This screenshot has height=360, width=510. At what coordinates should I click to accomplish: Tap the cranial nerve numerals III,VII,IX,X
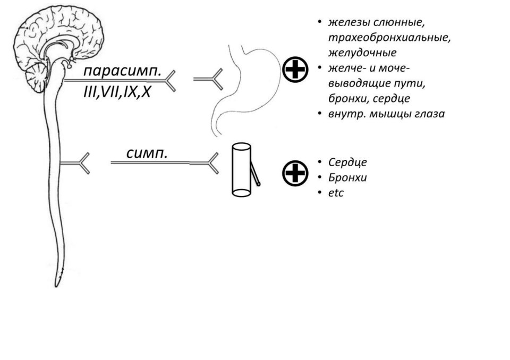[x=117, y=92]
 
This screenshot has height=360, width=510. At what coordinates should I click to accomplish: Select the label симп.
[x=147, y=153]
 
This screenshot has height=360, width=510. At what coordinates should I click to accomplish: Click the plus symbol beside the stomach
[x=295, y=69]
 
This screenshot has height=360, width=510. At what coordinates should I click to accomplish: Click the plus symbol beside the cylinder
[x=295, y=173]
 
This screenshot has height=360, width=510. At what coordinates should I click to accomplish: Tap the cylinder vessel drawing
[x=241, y=170]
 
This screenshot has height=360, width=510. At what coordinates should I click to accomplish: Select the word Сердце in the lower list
[x=347, y=162]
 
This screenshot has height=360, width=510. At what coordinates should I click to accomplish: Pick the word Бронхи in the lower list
[x=347, y=177]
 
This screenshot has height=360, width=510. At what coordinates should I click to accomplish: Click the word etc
[x=336, y=193]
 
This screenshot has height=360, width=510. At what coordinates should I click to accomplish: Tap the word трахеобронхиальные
[x=389, y=38]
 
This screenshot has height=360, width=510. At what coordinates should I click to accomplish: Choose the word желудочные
[x=362, y=53]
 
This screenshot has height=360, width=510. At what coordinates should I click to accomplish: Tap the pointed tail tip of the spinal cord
[x=56, y=286]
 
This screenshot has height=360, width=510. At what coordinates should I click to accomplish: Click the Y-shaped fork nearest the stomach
[x=208, y=79]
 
